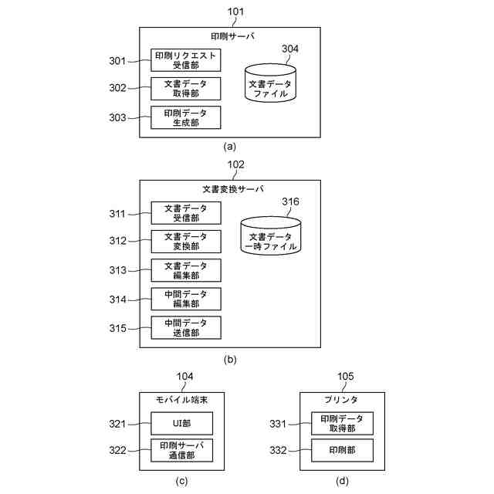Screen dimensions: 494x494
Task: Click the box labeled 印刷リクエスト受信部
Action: click(185, 60)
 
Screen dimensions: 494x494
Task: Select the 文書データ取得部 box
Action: click(185, 89)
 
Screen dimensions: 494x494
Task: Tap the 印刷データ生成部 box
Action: click(185, 117)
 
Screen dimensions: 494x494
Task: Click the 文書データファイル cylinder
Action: click(270, 83)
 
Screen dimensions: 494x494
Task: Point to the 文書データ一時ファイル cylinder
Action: click(271, 235)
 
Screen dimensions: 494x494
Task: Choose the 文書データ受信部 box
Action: click(186, 213)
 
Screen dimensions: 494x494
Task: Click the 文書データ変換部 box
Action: click(186, 242)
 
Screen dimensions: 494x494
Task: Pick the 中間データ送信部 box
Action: click(186, 327)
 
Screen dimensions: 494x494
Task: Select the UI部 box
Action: click(182, 423)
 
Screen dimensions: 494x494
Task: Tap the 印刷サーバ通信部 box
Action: click(182, 450)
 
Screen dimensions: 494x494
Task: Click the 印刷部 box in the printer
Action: click(342, 450)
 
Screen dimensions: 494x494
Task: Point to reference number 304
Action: click(290, 49)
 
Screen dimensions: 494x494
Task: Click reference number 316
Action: click(290, 201)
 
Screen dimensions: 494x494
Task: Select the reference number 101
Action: click(235, 12)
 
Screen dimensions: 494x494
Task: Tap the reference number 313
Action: click(117, 270)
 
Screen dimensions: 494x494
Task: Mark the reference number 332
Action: click(278, 450)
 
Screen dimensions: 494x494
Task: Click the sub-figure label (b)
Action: click(230, 360)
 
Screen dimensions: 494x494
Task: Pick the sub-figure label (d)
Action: click(342, 481)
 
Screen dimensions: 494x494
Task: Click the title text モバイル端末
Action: click(182, 400)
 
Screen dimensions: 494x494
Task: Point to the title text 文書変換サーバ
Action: click(233, 189)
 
